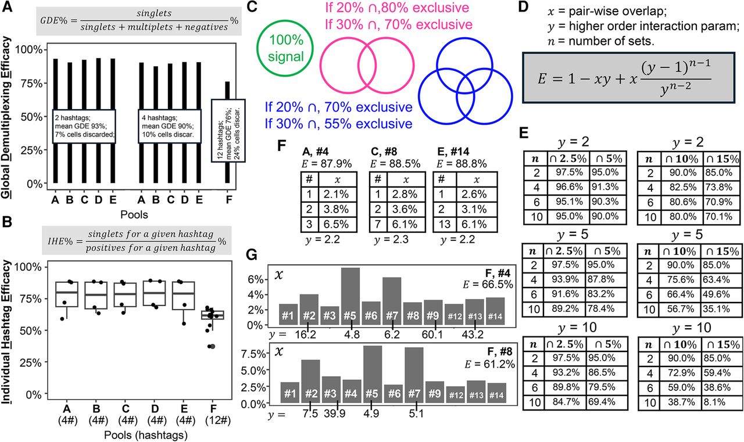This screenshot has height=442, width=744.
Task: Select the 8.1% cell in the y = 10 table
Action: (720, 402)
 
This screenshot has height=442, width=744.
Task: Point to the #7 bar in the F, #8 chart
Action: (414, 375)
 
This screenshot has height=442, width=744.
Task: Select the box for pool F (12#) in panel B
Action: (213, 315)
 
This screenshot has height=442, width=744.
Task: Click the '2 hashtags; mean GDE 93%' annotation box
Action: (84, 126)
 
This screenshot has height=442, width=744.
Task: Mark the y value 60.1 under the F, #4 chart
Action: (432, 335)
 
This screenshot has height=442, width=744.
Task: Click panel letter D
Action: (524, 7)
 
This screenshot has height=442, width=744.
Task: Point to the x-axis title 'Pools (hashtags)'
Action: (146, 435)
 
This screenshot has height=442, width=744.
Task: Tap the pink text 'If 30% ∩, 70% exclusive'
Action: (399, 24)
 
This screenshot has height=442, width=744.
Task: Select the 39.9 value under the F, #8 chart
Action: (335, 414)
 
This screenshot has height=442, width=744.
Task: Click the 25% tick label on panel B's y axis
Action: (31, 362)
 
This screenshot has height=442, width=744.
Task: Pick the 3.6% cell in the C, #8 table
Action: (406, 210)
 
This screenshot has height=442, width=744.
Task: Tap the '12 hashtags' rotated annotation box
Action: (228, 131)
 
